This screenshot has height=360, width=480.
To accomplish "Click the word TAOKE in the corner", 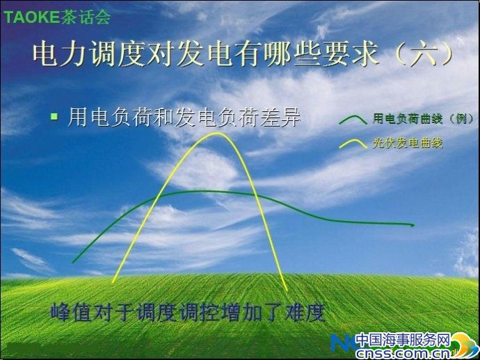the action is (x=31, y=17).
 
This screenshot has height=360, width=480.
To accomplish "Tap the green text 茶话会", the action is (x=86, y=17).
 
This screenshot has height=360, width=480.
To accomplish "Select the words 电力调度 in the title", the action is (x=89, y=55).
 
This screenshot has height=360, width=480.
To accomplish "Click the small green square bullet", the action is (x=54, y=116).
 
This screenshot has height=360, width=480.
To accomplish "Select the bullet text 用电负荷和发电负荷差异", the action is (x=184, y=117).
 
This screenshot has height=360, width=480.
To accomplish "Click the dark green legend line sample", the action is (x=353, y=120).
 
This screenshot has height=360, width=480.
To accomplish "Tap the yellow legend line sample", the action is (x=353, y=144).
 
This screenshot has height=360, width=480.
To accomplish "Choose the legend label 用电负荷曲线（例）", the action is (x=423, y=119).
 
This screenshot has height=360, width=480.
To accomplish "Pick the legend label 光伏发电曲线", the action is (x=408, y=143).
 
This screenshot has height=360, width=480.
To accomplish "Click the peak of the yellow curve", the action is (x=216, y=133).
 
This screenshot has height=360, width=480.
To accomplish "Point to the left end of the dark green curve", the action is (x=74, y=262).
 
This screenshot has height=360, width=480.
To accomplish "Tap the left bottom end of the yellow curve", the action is (x=113, y=281).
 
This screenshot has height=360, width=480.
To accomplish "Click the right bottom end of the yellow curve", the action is (x=287, y=289).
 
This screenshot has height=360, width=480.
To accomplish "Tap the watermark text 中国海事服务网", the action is (x=403, y=340).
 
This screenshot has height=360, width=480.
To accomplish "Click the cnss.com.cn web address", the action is (x=403, y=354).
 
